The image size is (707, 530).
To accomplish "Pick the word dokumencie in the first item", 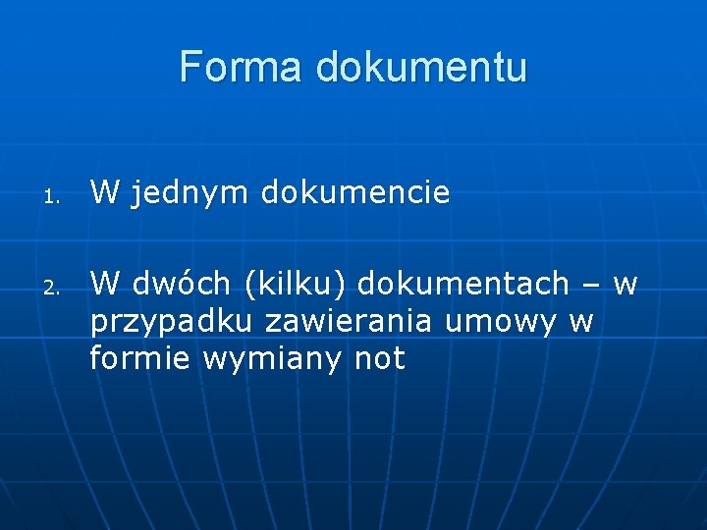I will pyautogui.click(x=354, y=193).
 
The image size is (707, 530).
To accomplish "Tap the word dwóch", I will pyautogui.click(x=181, y=285).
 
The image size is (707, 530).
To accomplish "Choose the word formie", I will pyautogui.click(x=140, y=359).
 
